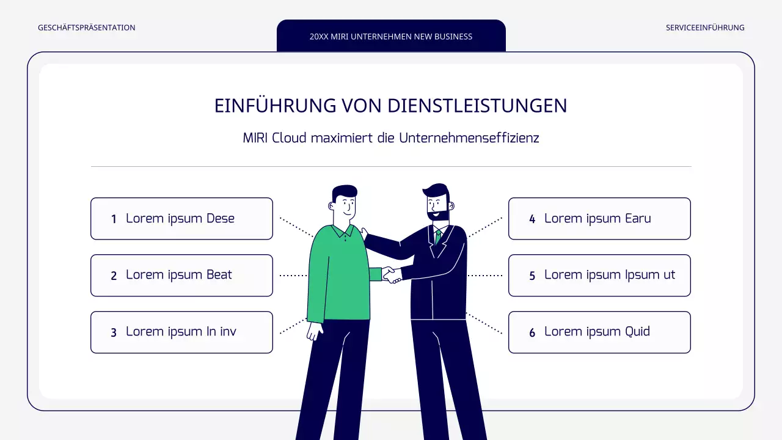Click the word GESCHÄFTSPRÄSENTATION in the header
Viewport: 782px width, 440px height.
86,28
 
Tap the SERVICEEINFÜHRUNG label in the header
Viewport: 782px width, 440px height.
705,28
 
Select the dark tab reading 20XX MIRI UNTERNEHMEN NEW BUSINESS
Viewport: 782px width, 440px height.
391,36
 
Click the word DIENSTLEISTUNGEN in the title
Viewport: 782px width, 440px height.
478,106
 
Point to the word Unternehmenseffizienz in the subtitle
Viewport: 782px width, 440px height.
469,137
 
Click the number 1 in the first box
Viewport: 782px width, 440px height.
114,219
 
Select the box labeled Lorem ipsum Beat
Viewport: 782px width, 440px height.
181,275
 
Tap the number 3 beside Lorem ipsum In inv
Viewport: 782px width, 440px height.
114,332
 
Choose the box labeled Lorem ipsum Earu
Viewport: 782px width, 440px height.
599,218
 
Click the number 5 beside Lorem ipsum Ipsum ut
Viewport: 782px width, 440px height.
532,276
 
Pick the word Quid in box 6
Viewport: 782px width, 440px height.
637,331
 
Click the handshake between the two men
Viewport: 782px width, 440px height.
391,275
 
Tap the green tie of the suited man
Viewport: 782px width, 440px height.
437,237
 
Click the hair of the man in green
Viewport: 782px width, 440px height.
345,192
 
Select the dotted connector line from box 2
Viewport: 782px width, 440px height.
293,276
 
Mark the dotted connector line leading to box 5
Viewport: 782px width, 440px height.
486,276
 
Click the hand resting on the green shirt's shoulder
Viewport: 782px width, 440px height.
364,233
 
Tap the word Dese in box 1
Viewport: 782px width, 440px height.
221,218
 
